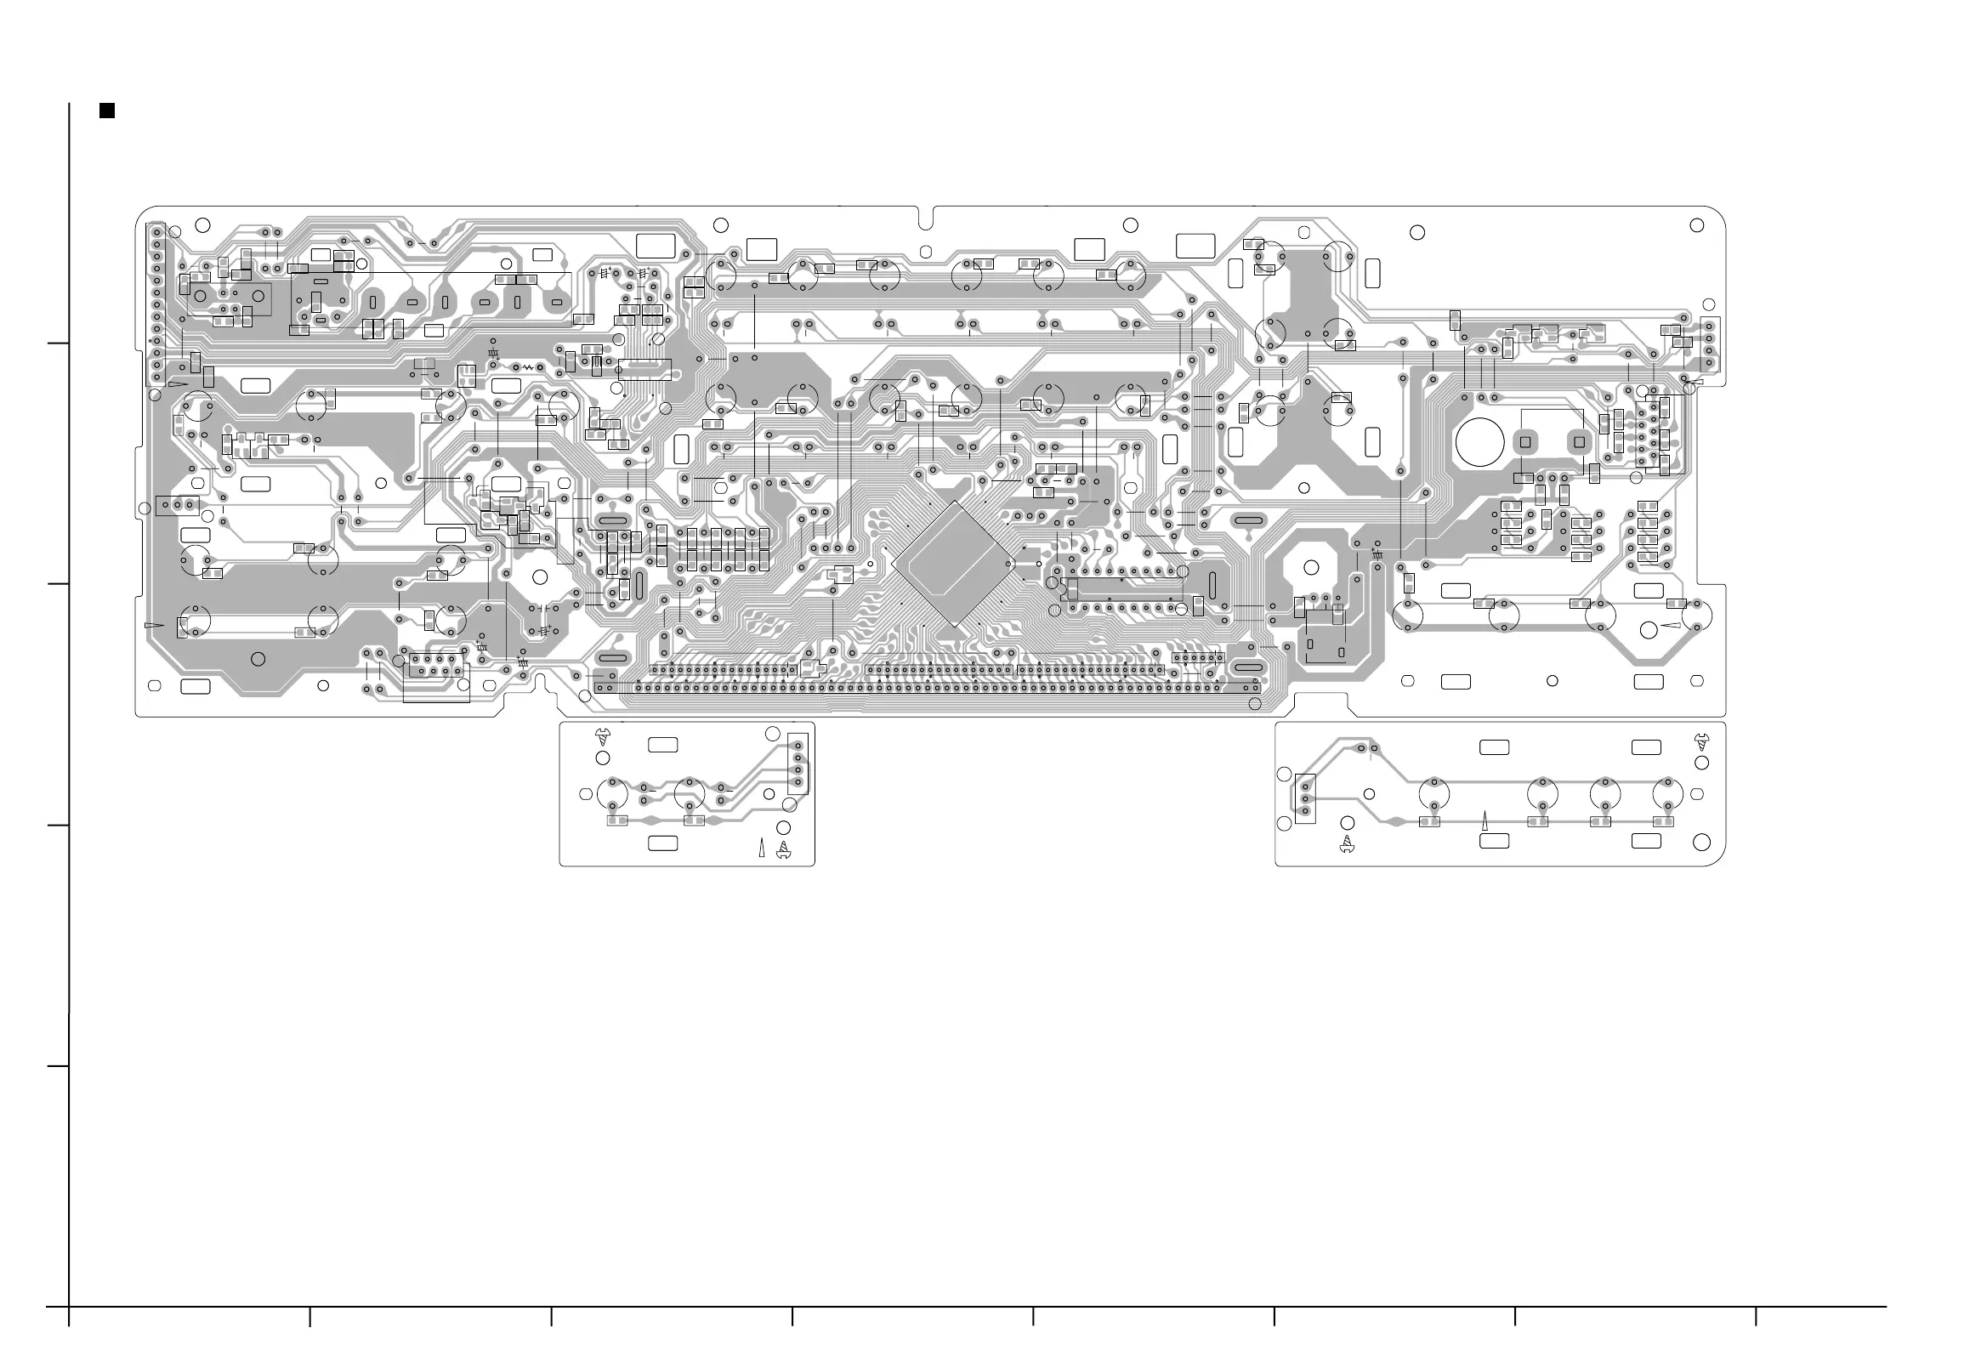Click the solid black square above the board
point(107,111)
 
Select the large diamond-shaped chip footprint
point(952,564)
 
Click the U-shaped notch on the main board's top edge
point(925,219)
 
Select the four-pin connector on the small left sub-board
point(798,763)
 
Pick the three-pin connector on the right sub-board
point(1305,798)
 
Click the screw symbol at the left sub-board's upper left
point(603,736)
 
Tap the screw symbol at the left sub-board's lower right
point(782,849)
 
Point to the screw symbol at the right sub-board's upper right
point(1700,741)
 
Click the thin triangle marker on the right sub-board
point(1485,820)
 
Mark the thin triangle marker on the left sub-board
point(761,849)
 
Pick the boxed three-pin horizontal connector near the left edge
point(177,505)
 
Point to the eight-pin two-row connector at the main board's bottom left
point(435,664)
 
